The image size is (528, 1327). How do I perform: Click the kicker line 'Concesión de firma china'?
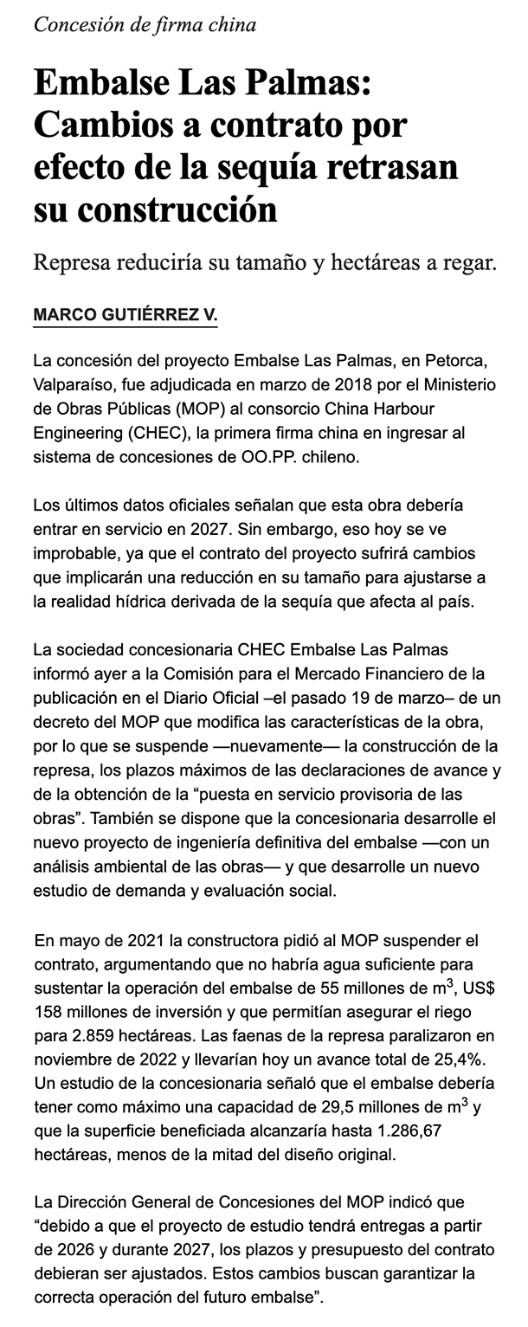pyautogui.click(x=145, y=25)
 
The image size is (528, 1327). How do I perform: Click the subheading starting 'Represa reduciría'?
pyautogui.click(x=264, y=262)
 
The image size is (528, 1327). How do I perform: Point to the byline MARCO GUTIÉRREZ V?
pyautogui.click(x=125, y=315)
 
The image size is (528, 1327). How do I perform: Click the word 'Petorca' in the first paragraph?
pyautogui.click(x=464, y=358)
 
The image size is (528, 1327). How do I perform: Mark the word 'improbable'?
pyautogui.click(x=71, y=551)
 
